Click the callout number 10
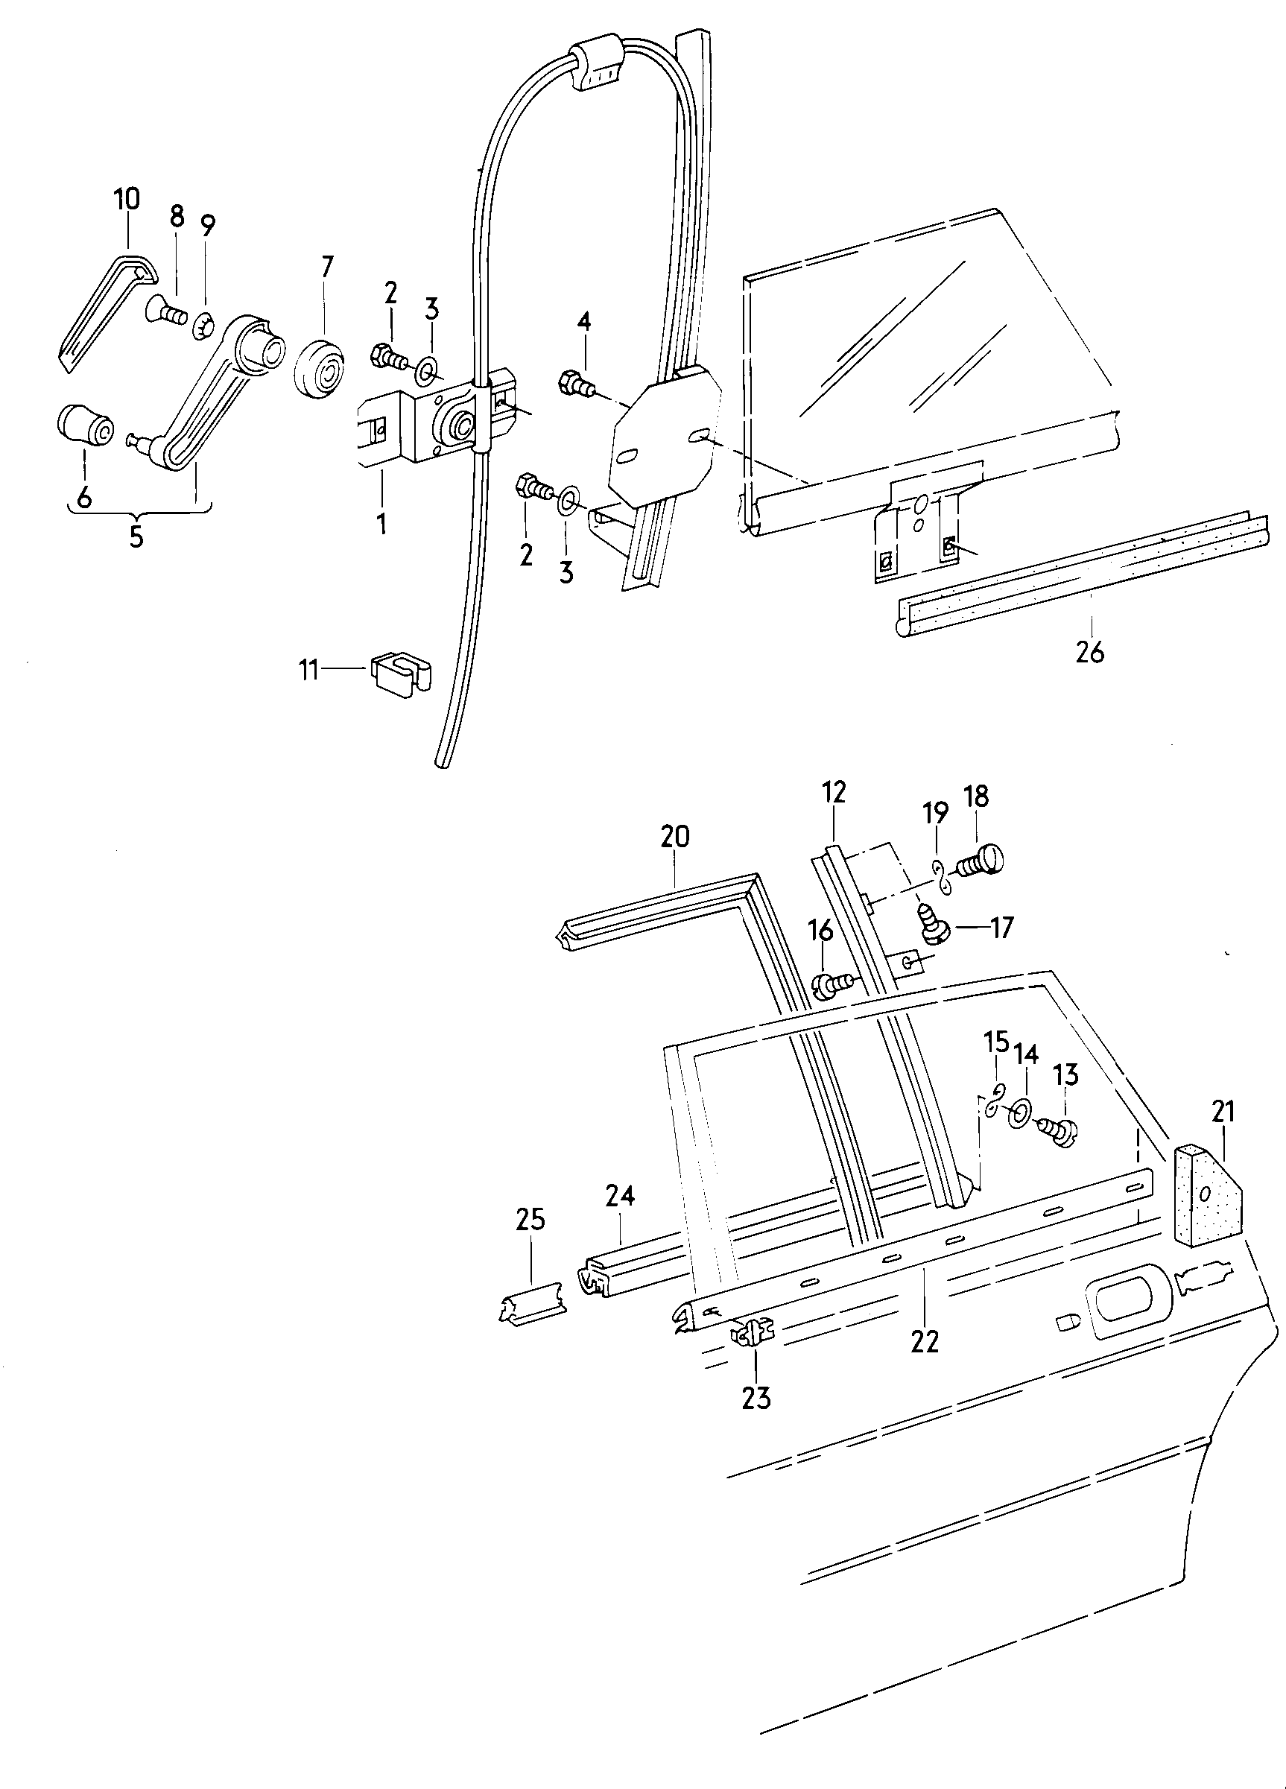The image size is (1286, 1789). coord(126,199)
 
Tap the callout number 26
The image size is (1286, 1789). coord(1089,651)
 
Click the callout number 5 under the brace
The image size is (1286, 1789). coord(136,536)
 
